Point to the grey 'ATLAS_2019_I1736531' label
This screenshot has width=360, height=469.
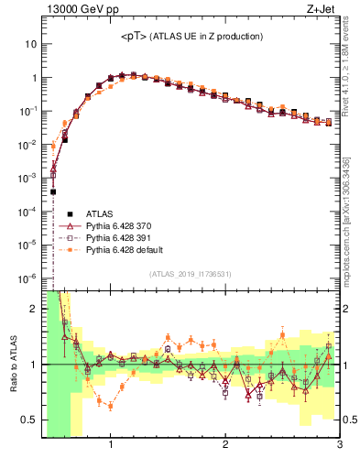[x=191, y=274]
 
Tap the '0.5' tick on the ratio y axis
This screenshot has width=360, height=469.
[x=29, y=420]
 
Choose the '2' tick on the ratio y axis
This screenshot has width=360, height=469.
[x=34, y=309]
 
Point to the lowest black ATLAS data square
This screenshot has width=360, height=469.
[x=54, y=191]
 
